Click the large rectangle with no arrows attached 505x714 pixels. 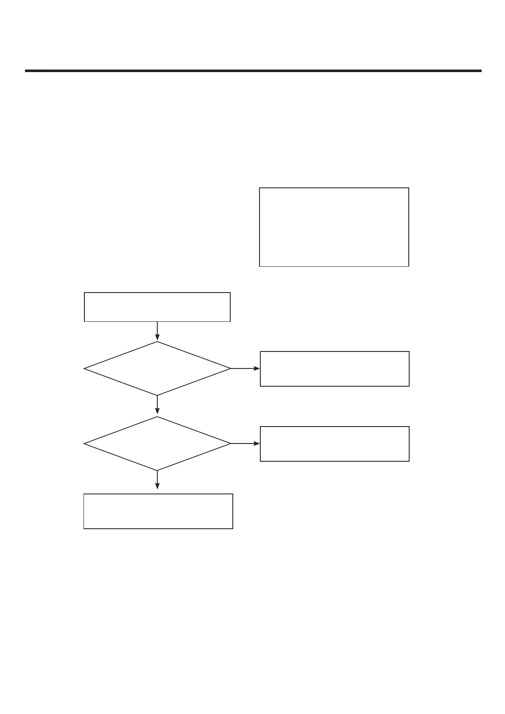click(334, 227)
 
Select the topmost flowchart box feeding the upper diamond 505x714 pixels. click(157, 307)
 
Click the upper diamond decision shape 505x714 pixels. click(157, 368)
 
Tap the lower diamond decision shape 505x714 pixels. click(157, 443)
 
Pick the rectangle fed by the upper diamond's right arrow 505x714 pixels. click(335, 368)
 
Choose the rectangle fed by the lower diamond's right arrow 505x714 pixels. click(335, 443)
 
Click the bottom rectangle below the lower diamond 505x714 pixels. click(158, 511)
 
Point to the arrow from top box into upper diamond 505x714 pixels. click(157, 331)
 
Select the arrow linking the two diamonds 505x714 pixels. click(157, 405)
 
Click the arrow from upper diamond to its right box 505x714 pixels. click(245, 368)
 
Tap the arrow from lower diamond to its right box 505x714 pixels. click(245, 443)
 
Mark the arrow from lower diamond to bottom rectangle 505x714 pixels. click(157, 479)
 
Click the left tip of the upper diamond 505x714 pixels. click(85, 368)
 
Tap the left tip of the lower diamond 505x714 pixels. click(85, 443)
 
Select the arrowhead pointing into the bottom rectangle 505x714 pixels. click(157, 486)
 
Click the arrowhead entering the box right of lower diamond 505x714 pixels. click(257, 443)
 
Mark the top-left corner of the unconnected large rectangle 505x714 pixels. click(259, 188)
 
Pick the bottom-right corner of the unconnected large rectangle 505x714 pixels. click(409, 266)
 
